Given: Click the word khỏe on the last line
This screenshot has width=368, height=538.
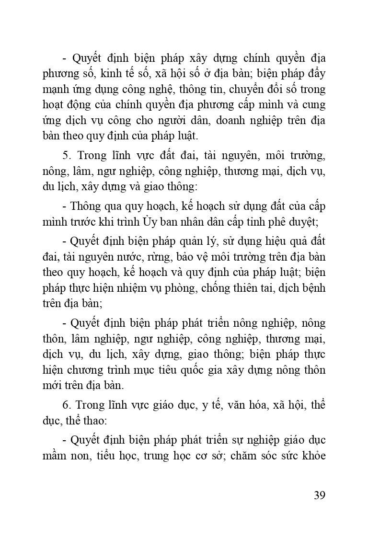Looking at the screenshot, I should [x=313, y=455].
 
